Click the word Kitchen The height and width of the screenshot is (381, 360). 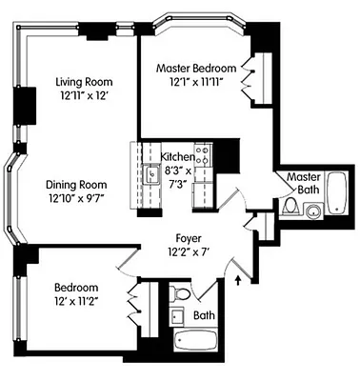(x=177, y=156)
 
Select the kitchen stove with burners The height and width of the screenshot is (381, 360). (x=201, y=150)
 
